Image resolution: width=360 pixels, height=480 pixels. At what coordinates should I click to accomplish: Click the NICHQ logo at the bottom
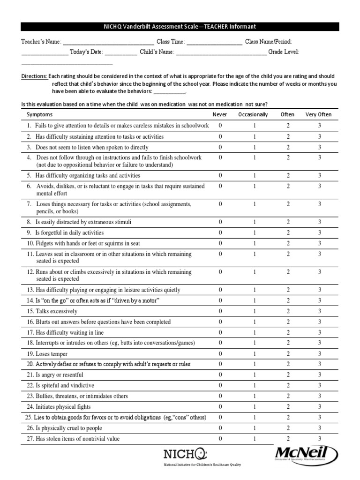pos(184,454)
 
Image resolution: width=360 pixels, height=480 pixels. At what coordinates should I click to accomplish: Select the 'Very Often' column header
pos(318,114)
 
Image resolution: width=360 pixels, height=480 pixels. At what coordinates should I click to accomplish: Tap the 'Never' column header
pos(220,114)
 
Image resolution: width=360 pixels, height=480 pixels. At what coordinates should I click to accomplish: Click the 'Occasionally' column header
pos(253,114)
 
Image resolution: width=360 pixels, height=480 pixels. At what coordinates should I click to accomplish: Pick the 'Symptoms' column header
pos(39,114)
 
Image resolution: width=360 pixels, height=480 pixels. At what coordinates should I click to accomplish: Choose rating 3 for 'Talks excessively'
pos(319,311)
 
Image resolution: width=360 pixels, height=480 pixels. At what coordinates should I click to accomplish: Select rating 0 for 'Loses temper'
pos(220,354)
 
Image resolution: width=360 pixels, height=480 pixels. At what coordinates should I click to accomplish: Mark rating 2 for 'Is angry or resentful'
pos(288,375)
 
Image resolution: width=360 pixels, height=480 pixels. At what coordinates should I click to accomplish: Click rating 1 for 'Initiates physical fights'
pos(255,407)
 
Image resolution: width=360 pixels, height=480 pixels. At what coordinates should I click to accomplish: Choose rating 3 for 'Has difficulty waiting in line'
pos(319,333)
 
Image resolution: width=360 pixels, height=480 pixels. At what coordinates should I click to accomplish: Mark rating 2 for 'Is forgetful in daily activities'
pos(288,233)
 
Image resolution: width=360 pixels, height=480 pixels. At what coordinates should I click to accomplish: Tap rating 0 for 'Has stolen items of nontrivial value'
pos(220,439)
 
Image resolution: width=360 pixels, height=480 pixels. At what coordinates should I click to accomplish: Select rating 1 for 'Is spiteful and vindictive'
pos(255,386)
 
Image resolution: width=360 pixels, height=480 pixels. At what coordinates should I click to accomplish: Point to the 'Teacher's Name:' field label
pos(40,42)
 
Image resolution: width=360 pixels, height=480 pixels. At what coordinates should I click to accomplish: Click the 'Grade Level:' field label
pos(284,52)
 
